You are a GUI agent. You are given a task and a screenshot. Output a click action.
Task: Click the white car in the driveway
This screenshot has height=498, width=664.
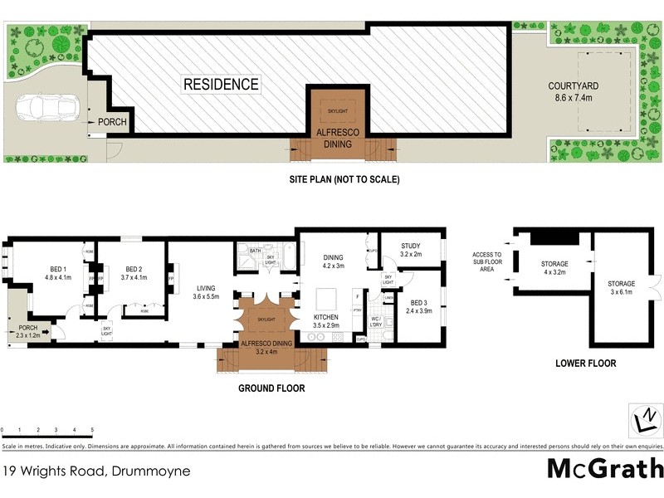(x=44, y=107)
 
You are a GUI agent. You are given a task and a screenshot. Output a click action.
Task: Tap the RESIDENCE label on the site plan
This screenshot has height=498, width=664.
(x=221, y=85)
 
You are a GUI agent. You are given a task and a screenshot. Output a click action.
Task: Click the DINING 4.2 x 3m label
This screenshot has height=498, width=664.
(x=333, y=261)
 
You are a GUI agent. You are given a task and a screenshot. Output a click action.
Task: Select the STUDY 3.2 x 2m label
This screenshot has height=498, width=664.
(x=411, y=250)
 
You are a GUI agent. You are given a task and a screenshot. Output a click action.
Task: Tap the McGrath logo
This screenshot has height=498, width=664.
(x=604, y=468)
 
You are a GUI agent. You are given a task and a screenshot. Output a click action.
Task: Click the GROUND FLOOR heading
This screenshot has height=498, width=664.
(x=271, y=388)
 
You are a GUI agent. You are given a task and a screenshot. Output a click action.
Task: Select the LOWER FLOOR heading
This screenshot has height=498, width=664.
(x=586, y=363)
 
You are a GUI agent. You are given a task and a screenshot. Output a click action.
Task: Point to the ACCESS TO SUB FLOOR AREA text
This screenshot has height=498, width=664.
(x=487, y=261)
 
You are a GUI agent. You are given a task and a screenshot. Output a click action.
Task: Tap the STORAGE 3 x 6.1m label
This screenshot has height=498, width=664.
(x=620, y=288)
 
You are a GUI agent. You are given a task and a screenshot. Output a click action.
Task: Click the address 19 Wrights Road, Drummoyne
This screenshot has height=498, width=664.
(x=96, y=471)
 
